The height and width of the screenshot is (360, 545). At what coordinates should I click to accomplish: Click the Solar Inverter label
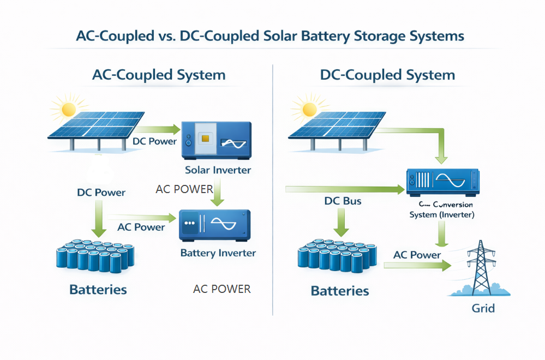pyautogui.click(x=218, y=170)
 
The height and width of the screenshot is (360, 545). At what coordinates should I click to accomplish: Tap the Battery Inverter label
pyautogui.click(x=218, y=253)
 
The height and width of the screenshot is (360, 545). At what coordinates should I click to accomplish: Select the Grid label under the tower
pyautogui.click(x=483, y=308)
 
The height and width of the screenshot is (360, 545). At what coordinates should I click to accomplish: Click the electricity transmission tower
pyautogui.click(x=481, y=267)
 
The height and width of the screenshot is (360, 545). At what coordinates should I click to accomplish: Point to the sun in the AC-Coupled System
pyautogui.click(x=69, y=109)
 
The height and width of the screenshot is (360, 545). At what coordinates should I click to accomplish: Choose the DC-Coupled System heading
pyautogui.click(x=387, y=75)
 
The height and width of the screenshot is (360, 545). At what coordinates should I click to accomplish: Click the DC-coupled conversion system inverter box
pyautogui.click(x=442, y=182)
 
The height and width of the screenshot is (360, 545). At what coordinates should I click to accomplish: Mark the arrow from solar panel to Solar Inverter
pyautogui.click(x=156, y=130)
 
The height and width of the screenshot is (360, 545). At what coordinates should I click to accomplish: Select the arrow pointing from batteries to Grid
pyautogui.click(x=417, y=265)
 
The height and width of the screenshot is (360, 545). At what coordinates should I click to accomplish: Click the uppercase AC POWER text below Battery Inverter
pyautogui.click(x=221, y=289)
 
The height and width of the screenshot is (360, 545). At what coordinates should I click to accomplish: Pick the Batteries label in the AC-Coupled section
pyautogui.click(x=98, y=289)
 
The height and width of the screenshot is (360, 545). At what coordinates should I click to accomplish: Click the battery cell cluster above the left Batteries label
pyautogui.click(x=95, y=255)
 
